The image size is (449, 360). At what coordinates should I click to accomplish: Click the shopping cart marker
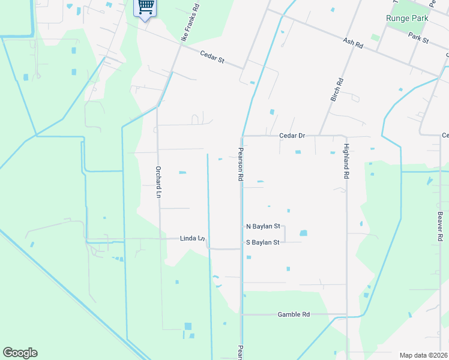[x=145, y=8]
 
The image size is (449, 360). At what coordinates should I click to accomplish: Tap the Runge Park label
[x=407, y=18]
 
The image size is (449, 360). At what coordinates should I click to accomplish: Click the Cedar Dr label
[x=292, y=136]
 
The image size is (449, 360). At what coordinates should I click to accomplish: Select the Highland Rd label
[x=346, y=161]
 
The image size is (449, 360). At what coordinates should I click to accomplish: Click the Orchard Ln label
[x=158, y=182]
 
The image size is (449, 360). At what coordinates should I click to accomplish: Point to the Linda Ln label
[x=193, y=238]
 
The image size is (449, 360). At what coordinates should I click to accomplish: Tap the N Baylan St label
[x=263, y=226]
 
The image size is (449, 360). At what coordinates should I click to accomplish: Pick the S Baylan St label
[x=263, y=242]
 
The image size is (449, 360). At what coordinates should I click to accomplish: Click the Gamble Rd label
[x=294, y=314]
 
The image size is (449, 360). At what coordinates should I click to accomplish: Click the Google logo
[x=20, y=353]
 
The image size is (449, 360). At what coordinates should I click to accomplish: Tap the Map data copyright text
[x=424, y=355]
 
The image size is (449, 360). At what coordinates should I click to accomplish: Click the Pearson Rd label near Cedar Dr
[x=241, y=164]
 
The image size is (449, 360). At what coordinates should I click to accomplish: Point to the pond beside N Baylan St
[x=303, y=233]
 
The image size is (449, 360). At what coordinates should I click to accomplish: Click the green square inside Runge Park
[x=375, y=37]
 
